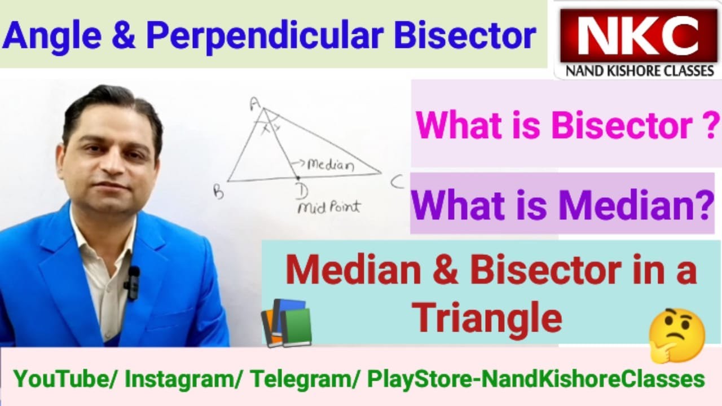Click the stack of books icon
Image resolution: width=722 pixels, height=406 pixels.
tap(287, 323)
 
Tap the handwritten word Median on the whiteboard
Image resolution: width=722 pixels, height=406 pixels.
tap(331, 165)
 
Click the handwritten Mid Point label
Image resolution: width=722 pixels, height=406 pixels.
tap(328, 207)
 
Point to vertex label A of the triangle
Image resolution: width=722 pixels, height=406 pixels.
tap(254, 103)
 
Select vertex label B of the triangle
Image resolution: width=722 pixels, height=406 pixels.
tap(218, 193)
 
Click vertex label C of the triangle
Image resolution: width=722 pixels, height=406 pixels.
tap(397, 182)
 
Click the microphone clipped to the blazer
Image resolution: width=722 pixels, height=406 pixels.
tap(133, 281)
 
